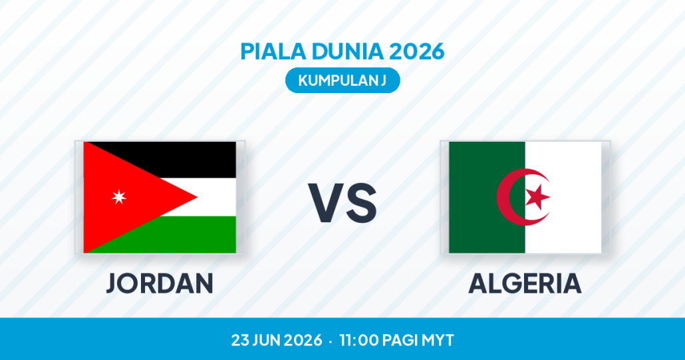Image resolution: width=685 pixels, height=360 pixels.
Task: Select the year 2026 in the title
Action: click(417, 51)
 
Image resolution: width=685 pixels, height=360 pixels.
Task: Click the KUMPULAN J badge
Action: click(342, 81)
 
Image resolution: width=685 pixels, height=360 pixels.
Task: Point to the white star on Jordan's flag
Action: click(119, 197)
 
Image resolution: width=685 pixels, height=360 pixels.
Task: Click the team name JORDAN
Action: click(160, 283)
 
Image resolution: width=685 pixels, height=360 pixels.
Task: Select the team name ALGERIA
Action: click(525, 283)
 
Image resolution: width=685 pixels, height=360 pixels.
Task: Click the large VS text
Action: click(342, 203)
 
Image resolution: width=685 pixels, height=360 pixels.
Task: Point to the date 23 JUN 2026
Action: click(277, 340)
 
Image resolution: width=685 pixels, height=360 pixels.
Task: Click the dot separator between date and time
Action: click(331, 341)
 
